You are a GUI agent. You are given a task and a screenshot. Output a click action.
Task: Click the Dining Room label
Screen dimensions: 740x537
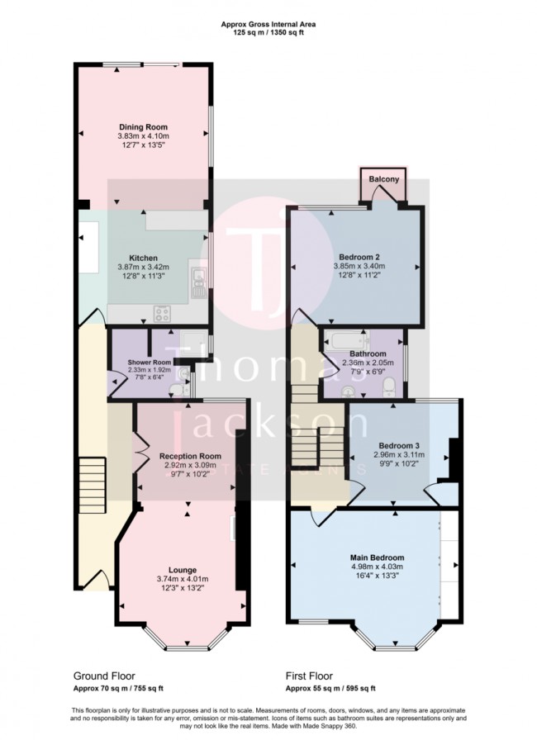(145, 127)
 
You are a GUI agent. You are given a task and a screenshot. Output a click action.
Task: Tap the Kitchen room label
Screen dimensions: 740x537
(143, 258)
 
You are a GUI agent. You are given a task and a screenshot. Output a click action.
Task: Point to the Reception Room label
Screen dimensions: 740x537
(190, 456)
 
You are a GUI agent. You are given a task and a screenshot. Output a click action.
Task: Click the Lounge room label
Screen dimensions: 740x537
(183, 569)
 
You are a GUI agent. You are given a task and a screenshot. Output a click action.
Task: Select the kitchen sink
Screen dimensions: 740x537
(199, 282)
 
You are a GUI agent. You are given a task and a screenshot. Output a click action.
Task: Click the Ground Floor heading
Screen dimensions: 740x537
(104, 675)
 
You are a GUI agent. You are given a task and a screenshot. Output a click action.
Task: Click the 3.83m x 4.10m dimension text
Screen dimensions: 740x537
(145, 136)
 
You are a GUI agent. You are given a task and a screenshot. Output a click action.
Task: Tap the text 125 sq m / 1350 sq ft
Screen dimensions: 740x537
(268, 32)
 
